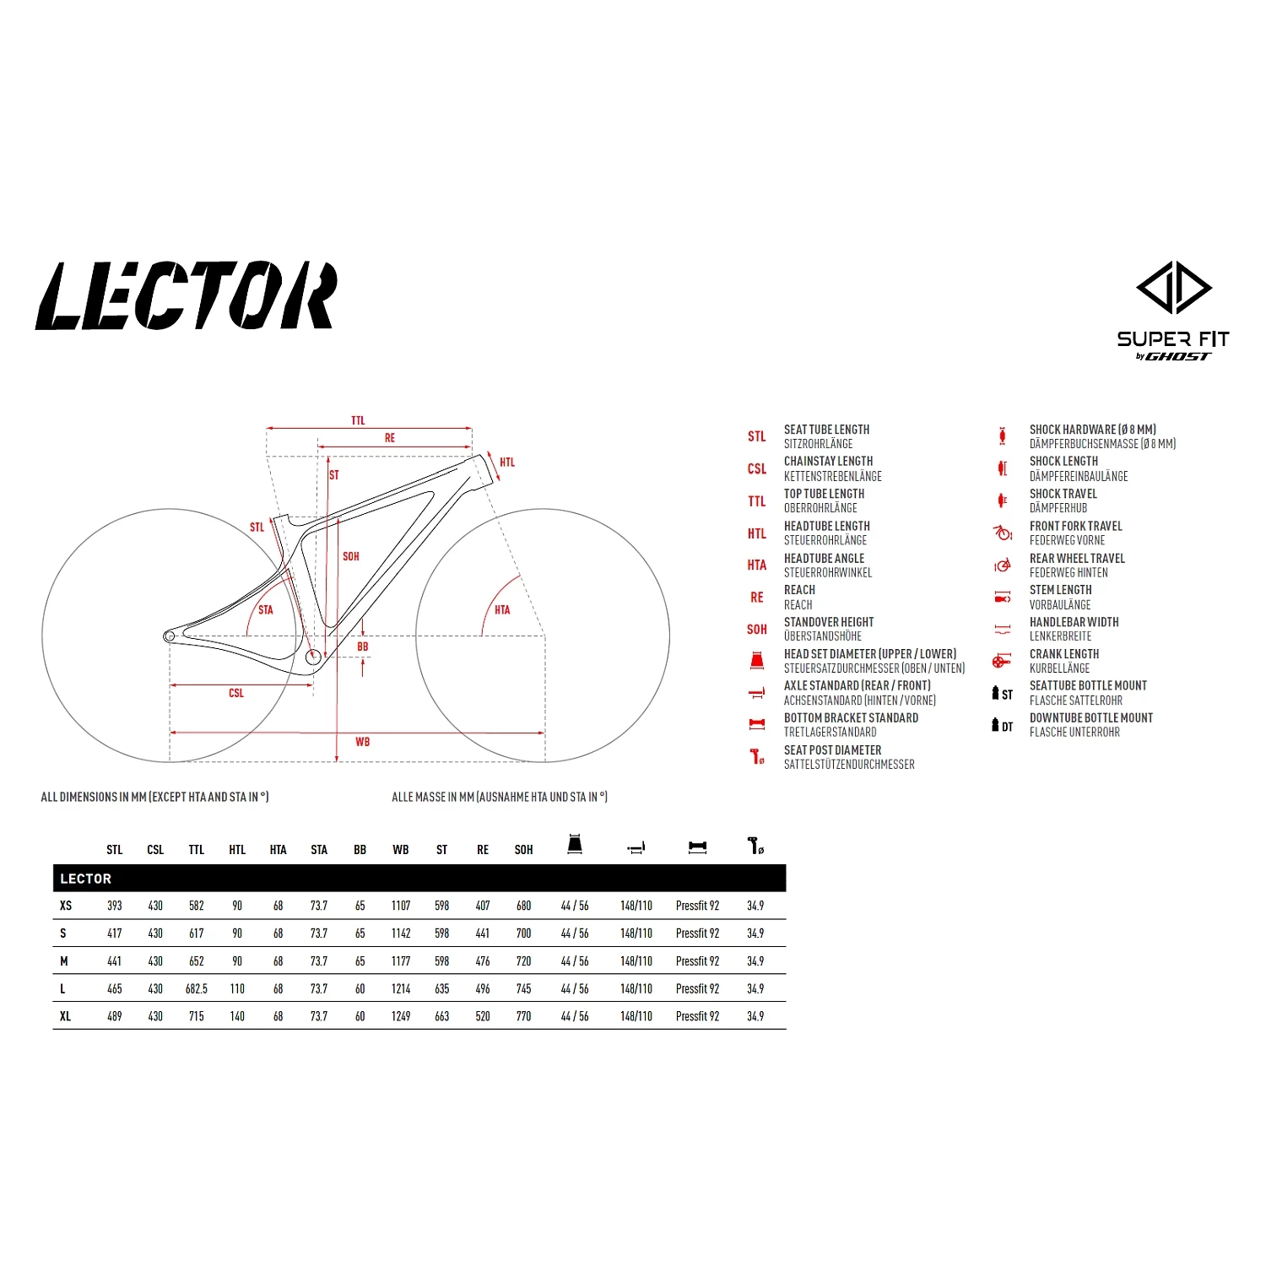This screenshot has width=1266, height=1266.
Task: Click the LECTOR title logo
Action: coord(186,295)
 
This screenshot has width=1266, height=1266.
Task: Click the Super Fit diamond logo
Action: coord(1173,288)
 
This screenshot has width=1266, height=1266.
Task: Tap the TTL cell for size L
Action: coord(197,988)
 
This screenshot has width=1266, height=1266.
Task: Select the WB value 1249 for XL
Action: coord(401,1016)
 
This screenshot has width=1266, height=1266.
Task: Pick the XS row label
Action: coord(66,906)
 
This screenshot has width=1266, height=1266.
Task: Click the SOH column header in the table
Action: coord(523,850)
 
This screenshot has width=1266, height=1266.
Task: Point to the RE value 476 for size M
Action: coord(483,961)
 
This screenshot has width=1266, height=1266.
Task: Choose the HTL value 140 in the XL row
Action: coord(237,1016)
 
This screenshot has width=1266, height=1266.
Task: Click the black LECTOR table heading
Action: coord(86,879)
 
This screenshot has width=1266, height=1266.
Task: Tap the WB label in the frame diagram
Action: coord(362,742)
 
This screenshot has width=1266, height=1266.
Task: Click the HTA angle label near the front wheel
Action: coord(502,609)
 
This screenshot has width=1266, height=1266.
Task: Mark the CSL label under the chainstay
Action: coord(236,693)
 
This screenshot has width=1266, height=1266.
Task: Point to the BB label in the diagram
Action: coord(363,647)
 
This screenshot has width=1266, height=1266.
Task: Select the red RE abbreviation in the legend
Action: coord(757,598)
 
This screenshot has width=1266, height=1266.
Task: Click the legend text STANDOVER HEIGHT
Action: coord(828,622)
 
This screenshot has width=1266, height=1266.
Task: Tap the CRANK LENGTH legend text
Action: coord(1063,654)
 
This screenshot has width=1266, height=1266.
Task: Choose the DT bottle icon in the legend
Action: coord(1001,725)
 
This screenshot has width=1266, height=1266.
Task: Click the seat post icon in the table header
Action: coord(755,846)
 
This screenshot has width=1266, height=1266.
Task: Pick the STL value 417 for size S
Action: coord(115,933)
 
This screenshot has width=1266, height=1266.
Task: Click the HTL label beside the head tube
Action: coord(506,463)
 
